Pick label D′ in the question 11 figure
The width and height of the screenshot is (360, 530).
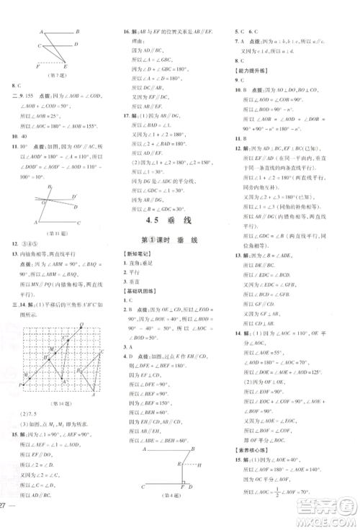coord(81,193)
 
